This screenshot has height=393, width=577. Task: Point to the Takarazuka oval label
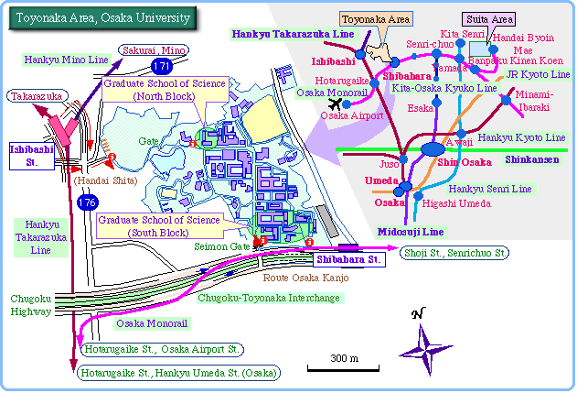click(34, 95)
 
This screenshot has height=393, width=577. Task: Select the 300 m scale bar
click(344, 368)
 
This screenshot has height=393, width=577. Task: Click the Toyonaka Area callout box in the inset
click(375, 17)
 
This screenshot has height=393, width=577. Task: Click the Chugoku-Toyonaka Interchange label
click(269, 298)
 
